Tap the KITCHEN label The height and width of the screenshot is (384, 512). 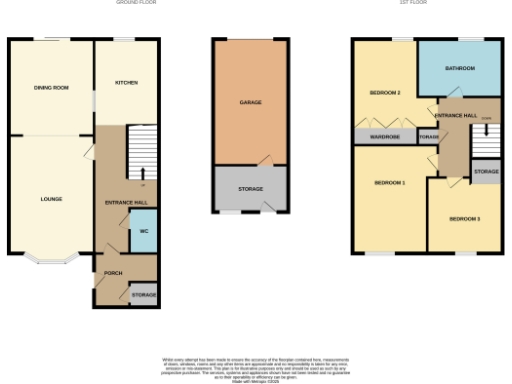point(126,82)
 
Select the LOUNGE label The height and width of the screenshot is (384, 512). point(51,199)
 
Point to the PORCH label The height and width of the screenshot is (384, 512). point(111,271)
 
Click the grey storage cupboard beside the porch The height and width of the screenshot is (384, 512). point(143,295)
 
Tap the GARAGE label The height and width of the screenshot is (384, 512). point(250,103)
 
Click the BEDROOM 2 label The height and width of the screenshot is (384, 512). point(385,93)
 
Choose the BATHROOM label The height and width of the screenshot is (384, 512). point(460,68)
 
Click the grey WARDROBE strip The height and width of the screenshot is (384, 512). point(385,136)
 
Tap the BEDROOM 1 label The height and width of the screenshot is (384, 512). point(389,183)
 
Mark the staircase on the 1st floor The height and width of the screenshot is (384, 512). point(485,142)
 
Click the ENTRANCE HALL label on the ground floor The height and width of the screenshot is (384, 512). point(126,203)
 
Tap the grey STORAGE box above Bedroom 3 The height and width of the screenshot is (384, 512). point(486,172)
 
